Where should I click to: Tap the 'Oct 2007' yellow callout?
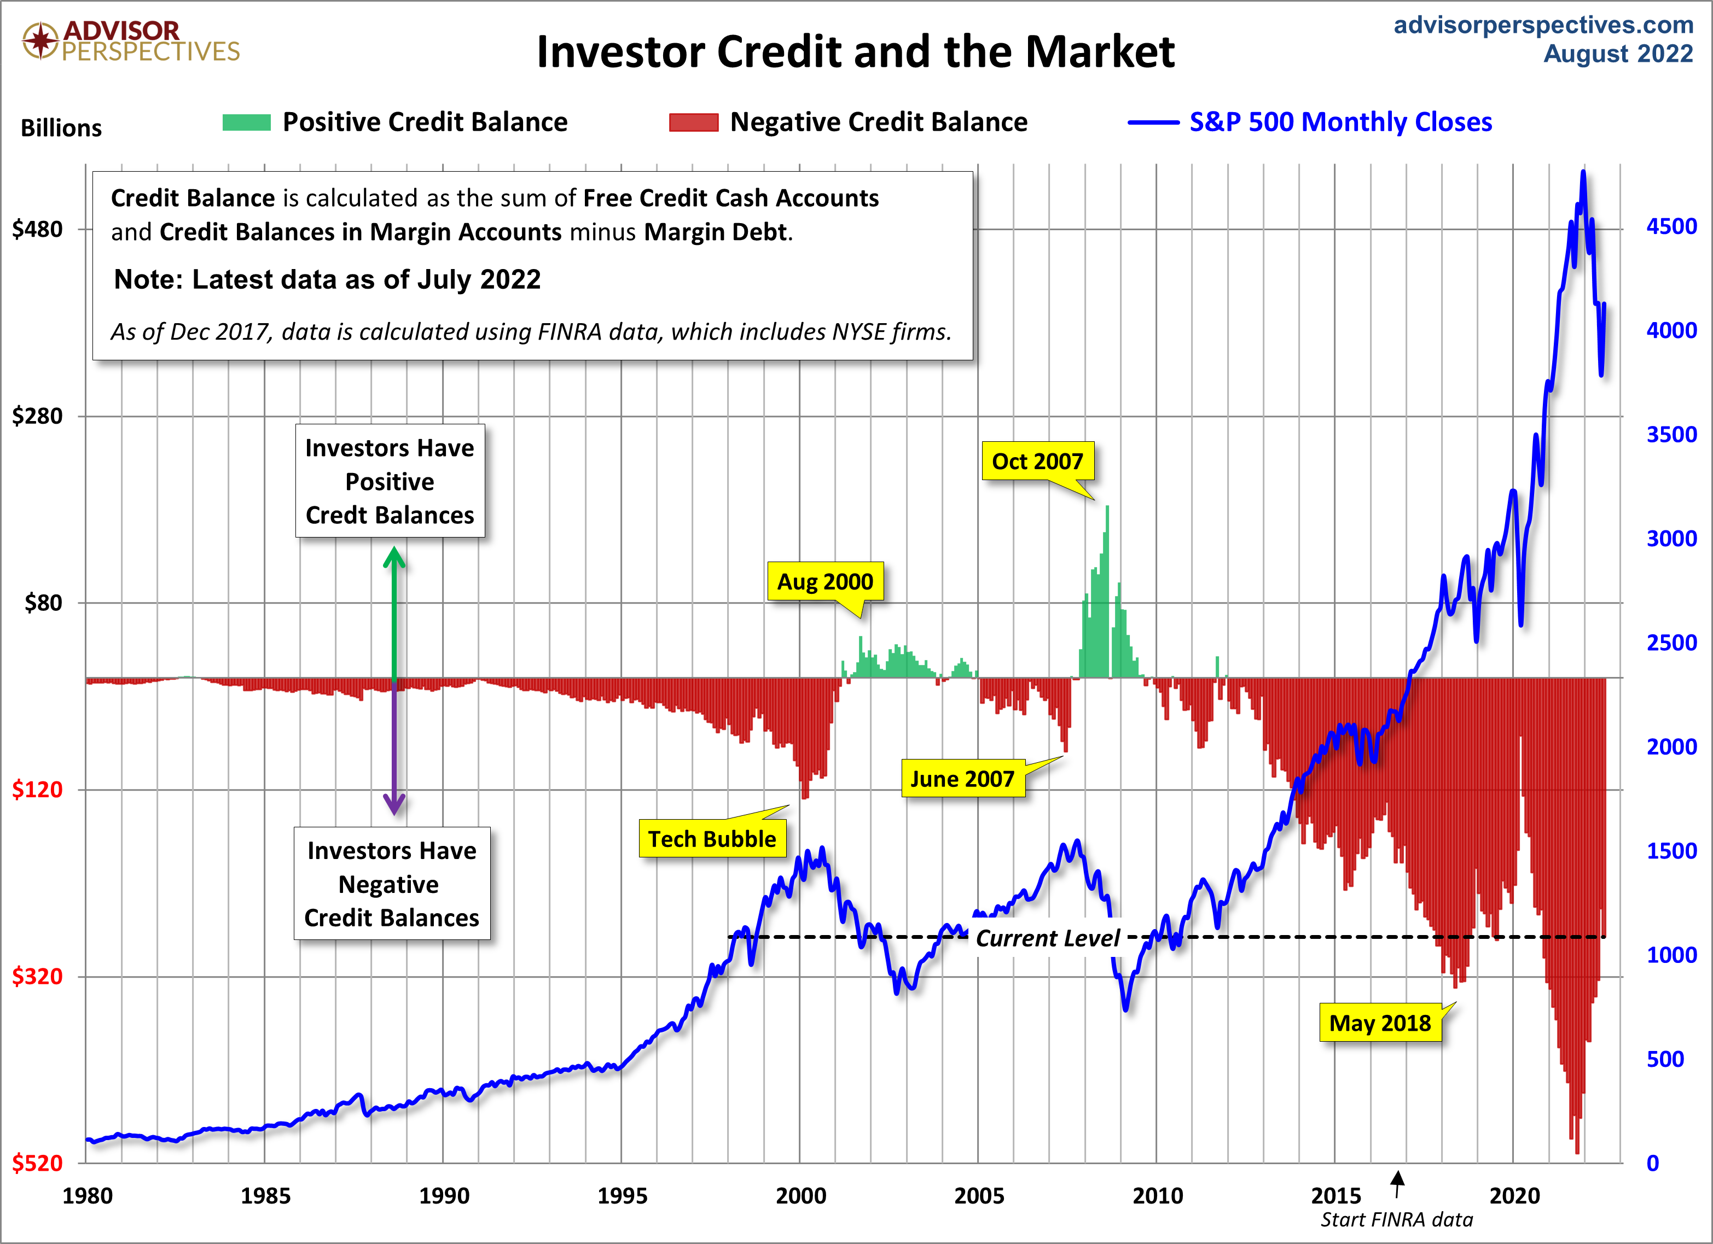click(1037, 460)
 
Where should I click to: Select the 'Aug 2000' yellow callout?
click(825, 581)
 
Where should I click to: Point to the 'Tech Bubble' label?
click(711, 839)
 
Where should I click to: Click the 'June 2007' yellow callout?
click(962, 778)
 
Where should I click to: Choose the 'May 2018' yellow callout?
click(1379, 1023)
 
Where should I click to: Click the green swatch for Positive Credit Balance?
click(246, 122)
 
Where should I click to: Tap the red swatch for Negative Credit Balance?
click(693, 122)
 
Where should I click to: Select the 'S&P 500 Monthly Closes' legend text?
click(1340, 122)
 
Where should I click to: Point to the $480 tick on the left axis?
click(37, 229)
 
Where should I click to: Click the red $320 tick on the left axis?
click(37, 976)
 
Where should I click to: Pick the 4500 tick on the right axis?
click(1671, 226)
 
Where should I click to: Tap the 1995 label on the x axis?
click(623, 1196)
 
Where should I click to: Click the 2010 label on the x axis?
click(1157, 1196)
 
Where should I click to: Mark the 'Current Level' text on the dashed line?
click(1048, 938)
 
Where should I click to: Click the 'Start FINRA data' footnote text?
click(1397, 1220)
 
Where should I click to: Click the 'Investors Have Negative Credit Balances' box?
click(391, 883)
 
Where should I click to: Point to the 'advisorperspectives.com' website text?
click(1543, 25)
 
